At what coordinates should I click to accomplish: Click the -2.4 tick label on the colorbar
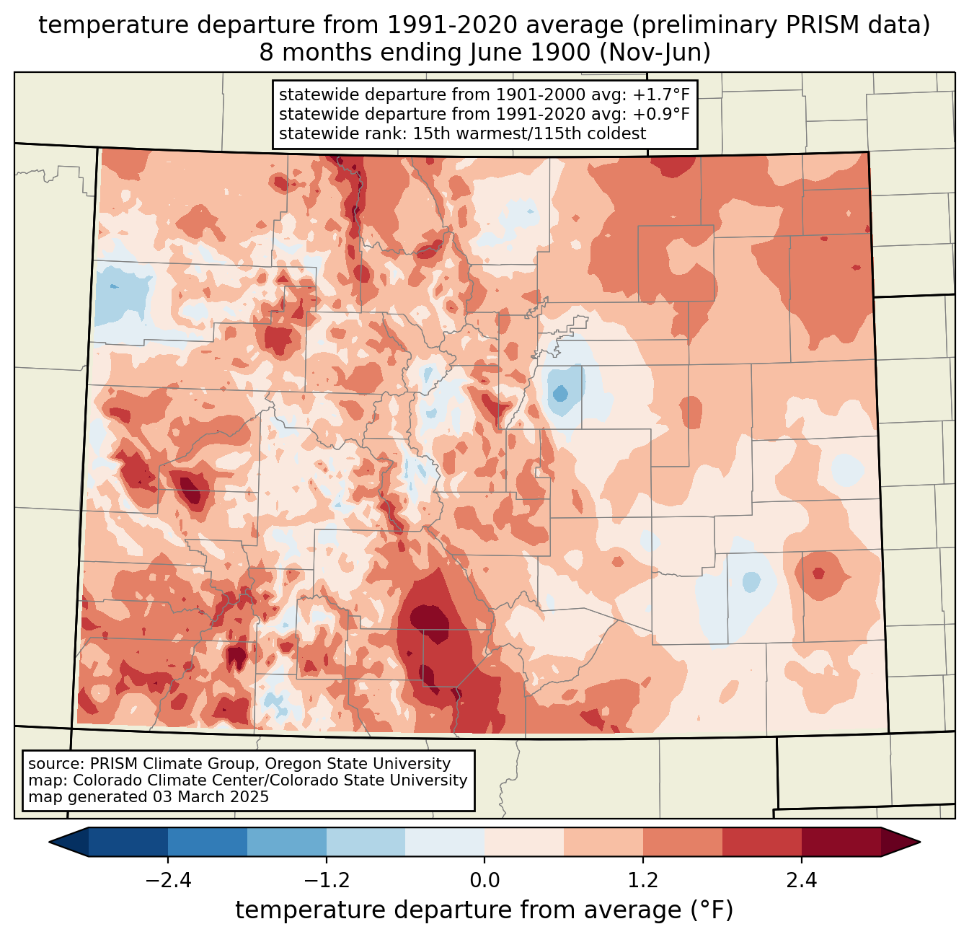coord(168,881)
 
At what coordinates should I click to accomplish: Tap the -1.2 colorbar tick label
coord(327,881)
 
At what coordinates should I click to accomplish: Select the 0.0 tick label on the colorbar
coord(485,881)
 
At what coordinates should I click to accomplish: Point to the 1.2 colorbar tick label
coord(643,881)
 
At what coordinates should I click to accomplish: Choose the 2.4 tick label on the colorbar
coord(801,881)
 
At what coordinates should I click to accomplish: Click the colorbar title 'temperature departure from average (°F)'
coord(485,910)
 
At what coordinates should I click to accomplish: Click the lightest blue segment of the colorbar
coord(445,842)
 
